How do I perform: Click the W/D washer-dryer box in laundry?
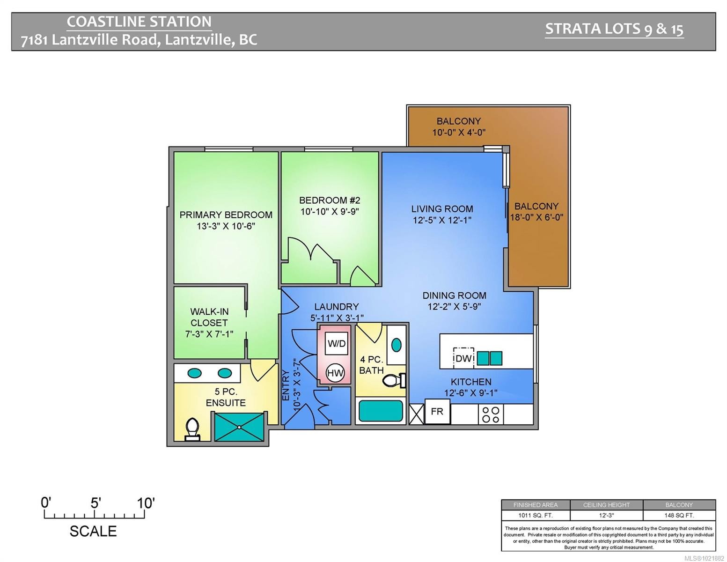tap(336, 343)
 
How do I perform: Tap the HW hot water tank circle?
tap(335, 373)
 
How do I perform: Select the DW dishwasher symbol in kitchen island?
tap(463, 358)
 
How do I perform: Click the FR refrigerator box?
tap(437, 412)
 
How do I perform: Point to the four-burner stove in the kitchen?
tap(490, 414)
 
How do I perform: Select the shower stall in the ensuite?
tap(239, 427)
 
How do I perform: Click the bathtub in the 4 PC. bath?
tap(381, 411)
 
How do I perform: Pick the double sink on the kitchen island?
tap(490, 358)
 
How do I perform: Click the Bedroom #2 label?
tap(330, 200)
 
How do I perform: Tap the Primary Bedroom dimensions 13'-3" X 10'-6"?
tap(226, 226)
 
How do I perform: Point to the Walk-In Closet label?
tap(209, 317)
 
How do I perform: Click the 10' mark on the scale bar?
tap(146, 503)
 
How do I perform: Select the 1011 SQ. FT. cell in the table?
tap(535, 515)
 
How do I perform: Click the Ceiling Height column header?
tap(606, 505)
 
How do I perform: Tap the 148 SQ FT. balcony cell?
tap(679, 515)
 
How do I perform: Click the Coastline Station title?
tap(139, 22)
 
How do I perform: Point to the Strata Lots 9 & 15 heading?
tap(614, 29)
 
